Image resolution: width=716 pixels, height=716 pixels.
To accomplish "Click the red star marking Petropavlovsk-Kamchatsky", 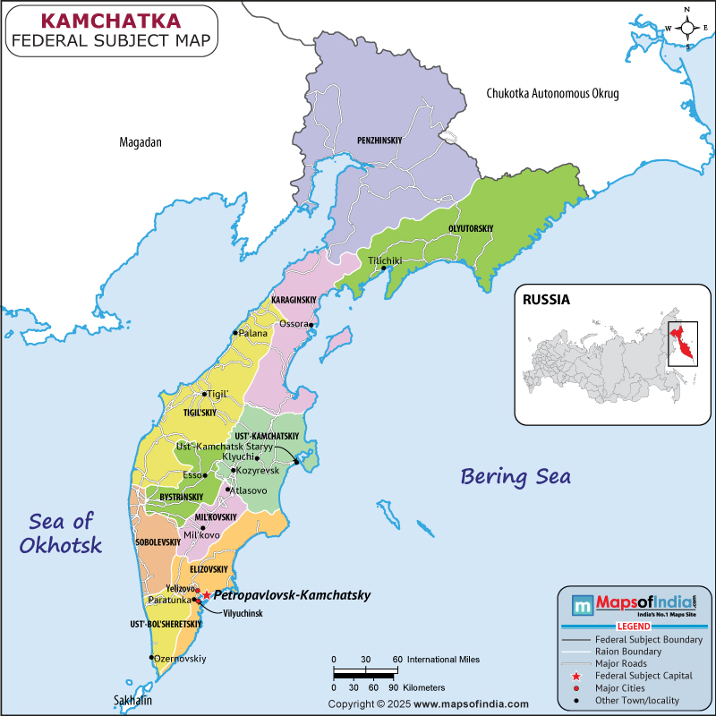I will [x=206, y=595].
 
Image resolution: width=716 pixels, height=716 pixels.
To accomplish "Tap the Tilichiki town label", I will [x=385, y=260].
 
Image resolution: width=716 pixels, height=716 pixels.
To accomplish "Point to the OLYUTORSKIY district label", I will [x=471, y=229].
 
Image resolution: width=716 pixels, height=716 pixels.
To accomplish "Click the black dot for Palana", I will [x=236, y=333].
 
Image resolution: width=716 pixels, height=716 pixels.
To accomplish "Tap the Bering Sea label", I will [x=516, y=475].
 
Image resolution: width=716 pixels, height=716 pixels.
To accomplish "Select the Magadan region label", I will [x=141, y=142].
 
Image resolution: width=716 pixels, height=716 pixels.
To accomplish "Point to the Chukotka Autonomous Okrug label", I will [x=552, y=93].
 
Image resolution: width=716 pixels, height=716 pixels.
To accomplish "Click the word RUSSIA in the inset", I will [x=547, y=301].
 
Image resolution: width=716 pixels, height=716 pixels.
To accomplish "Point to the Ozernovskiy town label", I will [x=181, y=658].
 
